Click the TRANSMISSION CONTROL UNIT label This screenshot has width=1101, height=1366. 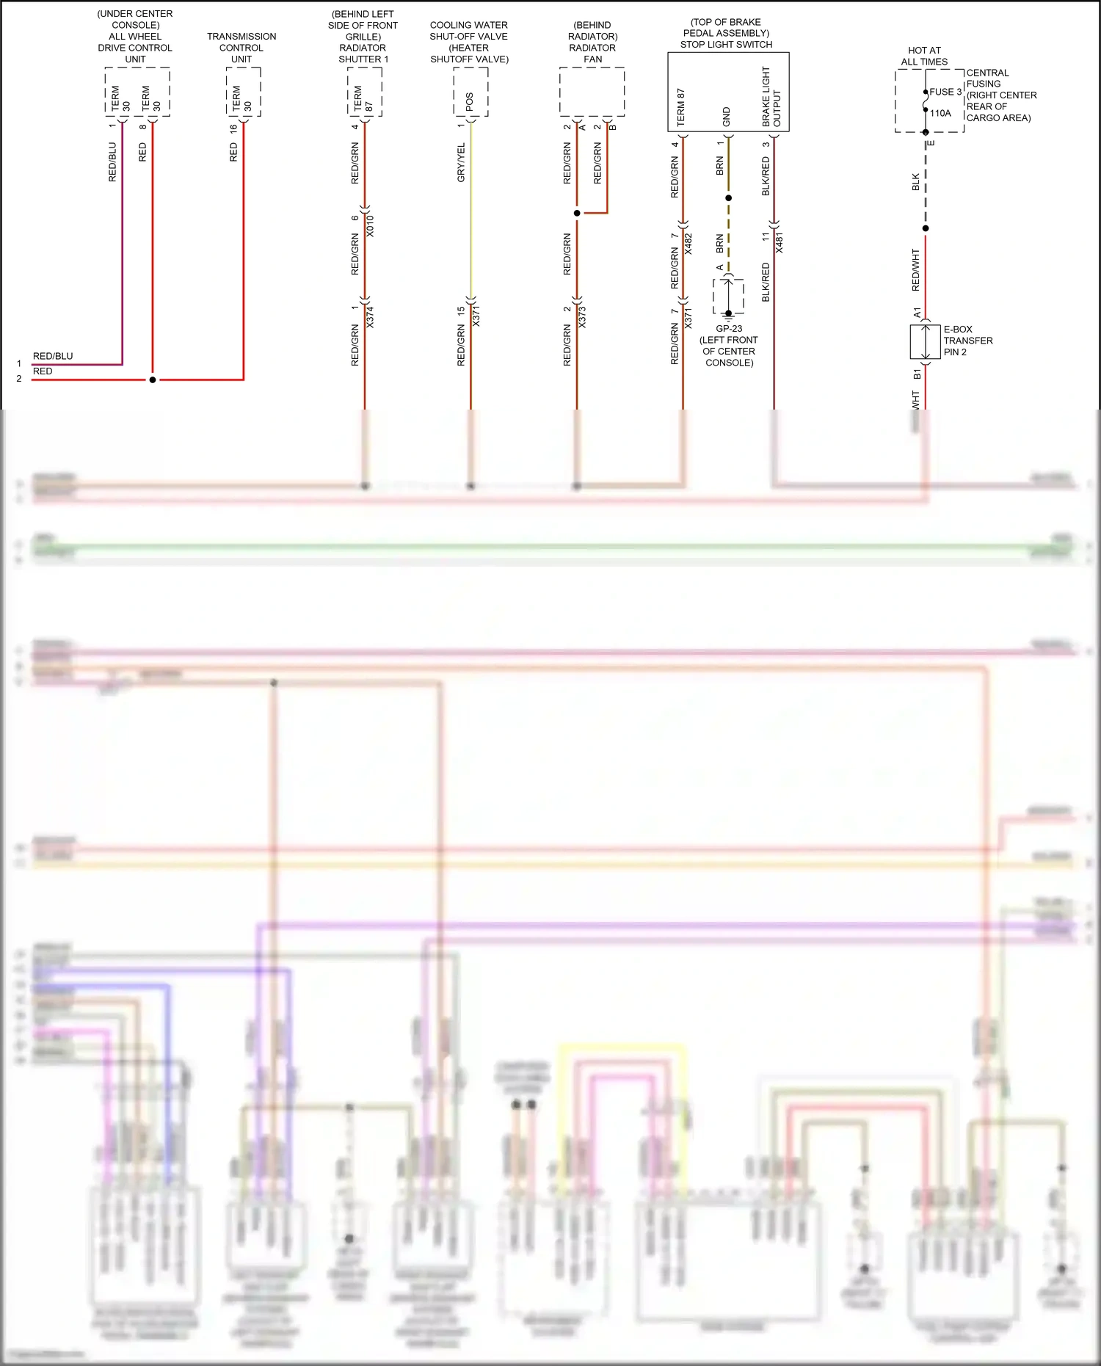(x=241, y=48)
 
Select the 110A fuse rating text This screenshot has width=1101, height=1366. (x=940, y=113)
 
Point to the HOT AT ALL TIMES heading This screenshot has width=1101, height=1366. (x=924, y=56)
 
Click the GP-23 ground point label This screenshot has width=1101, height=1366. (x=729, y=329)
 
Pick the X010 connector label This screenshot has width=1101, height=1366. (x=370, y=226)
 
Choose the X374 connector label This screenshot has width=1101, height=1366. (x=370, y=317)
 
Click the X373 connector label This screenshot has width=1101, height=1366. (x=582, y=317)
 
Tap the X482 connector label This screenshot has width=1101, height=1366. (x=688, y=244)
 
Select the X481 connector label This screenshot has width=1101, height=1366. (x=779, y=243)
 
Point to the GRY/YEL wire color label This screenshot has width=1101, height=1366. (x=461, y=163)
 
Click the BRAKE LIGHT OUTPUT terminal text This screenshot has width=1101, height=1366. (x=771, y=97)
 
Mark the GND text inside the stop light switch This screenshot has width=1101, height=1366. (x=727, y=116)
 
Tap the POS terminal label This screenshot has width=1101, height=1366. (x=470, y=101)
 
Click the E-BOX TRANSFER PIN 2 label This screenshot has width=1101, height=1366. (x=967, y=341)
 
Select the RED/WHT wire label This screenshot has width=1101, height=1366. (x=915, y=269)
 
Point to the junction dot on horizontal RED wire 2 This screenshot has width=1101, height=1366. (x=153, y=379)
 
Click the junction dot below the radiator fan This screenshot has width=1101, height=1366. (x=577, y=213)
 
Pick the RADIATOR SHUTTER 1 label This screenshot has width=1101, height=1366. (x=363, y=54)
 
